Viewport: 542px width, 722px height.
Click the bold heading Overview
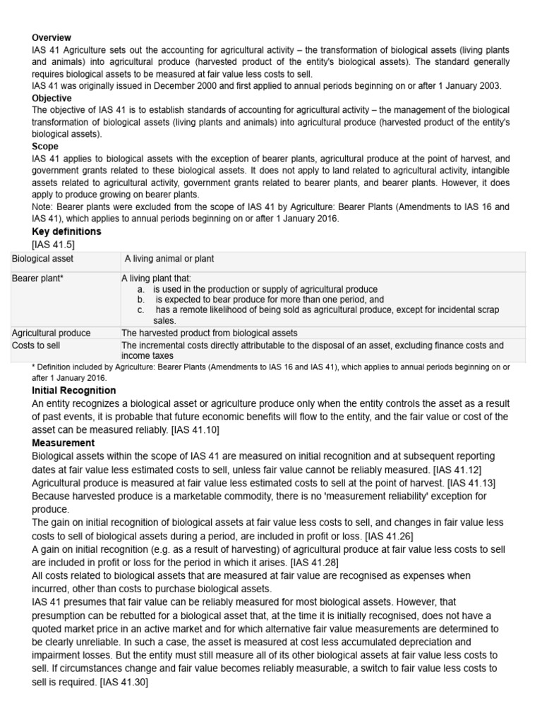coord(52,37)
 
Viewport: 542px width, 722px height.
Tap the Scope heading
coord(45,147)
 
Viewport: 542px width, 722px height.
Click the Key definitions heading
coord(67,231)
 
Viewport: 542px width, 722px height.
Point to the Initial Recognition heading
coord(74,391)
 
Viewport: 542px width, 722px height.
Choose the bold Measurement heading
coord(64,443)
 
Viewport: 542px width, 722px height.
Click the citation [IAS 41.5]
coord(54,244)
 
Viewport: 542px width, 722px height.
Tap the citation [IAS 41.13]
coord(471,482)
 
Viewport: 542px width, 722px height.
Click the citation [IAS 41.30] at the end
coord(124,681)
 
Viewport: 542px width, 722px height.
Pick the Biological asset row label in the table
coord(42,259)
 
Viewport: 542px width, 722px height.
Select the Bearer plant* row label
coord(38,279)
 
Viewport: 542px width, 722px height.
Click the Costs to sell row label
coord(36,345)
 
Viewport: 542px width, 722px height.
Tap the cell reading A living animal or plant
coord(169,259)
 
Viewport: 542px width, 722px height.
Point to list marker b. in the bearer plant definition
coord(141,300)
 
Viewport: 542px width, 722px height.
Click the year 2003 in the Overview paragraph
coord(490,86)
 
